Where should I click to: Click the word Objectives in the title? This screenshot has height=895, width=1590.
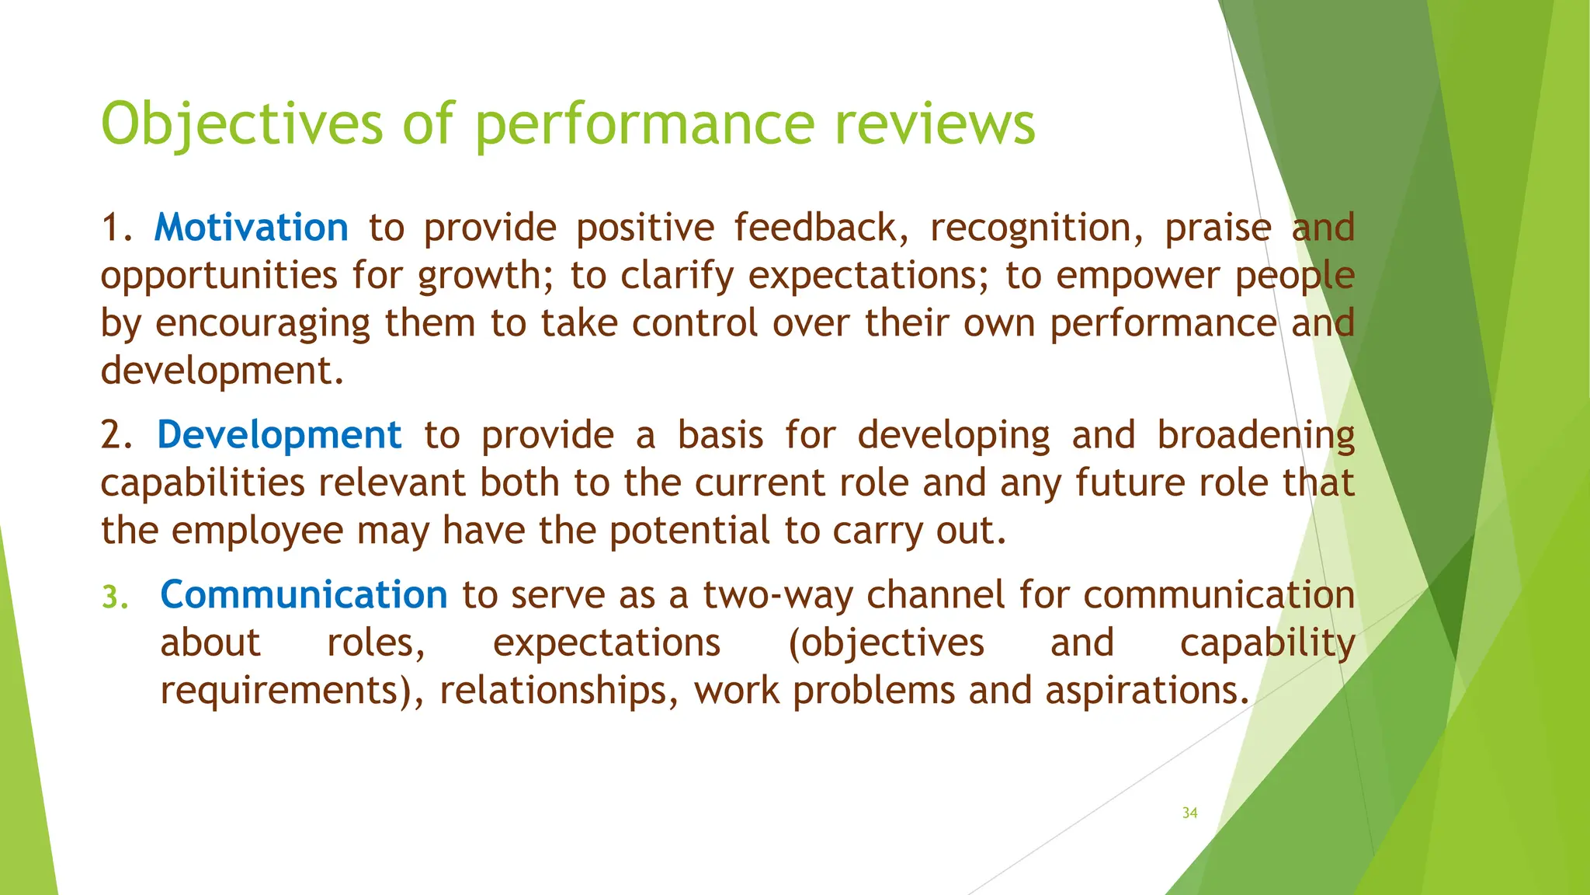pos(241,124)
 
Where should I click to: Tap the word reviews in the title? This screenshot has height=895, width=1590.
pos(935,124)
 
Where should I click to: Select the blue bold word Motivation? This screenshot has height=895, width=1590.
pos(252,228)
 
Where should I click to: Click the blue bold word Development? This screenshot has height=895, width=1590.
pos(279,435)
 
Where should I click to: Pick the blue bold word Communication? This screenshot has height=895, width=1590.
pos(304,595)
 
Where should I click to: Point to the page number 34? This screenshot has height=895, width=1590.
pos(1189,813)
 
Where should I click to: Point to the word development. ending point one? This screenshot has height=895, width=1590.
pos(222,371)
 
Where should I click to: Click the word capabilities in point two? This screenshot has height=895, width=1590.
pos(203,483)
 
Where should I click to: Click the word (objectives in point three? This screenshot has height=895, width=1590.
pos(885,644)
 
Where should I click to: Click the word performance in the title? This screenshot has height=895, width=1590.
pos(644,124)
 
